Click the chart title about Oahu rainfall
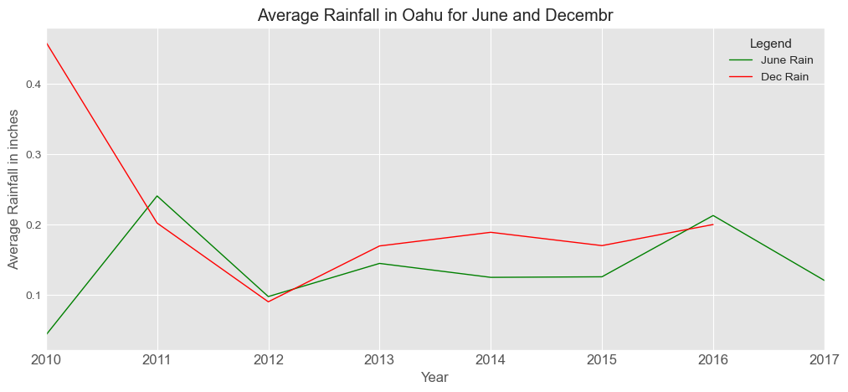[x=435, y=15]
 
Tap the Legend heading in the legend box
[x=770, y=43]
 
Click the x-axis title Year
[x=434, y=378]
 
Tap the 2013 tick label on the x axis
[x=379, y=360]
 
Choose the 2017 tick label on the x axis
[x=823, y=360]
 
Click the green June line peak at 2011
[x=157, y=196]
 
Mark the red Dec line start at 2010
[x=47, y=44]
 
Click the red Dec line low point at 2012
[x=268, y=302]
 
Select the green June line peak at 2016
[x=712, y=215]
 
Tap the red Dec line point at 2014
[x=491, y=232]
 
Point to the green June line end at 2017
[x=824, y=280]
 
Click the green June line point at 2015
[x=601, y=276]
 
